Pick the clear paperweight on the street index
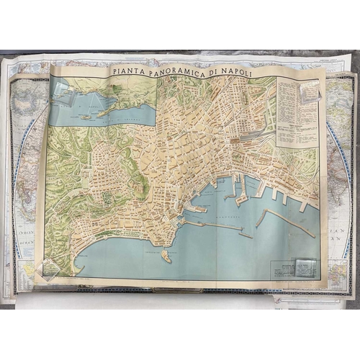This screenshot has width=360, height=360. click(310, 91)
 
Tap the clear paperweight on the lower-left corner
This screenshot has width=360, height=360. click(53, 267)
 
